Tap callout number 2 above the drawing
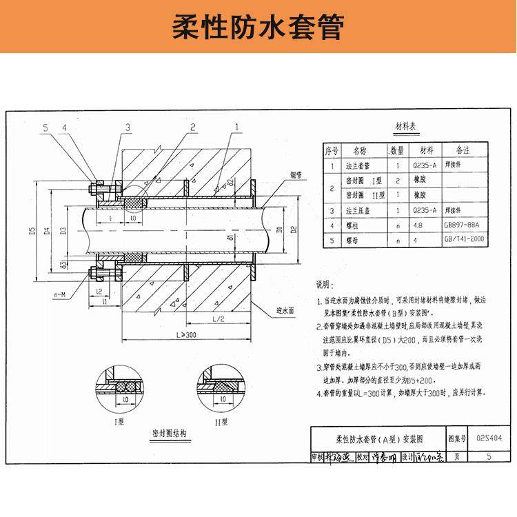tap(193, 128)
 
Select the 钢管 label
tap(276, 174)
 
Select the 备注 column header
tap(459, 150)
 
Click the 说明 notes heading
tap(324, 284)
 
